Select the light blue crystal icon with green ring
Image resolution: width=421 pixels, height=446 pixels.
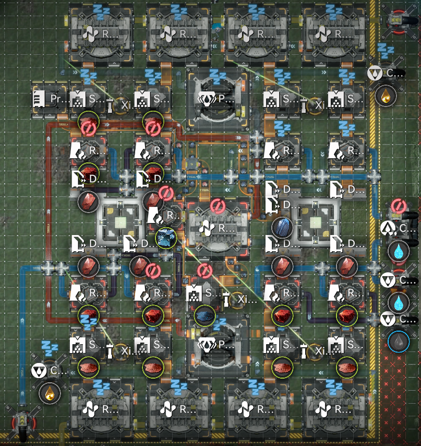pos(166,238)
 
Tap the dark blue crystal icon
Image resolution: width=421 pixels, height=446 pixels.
pos(282,227)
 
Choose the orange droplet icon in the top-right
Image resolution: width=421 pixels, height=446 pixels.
pos(386,96)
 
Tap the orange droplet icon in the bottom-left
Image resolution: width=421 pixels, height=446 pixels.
pos(50,392)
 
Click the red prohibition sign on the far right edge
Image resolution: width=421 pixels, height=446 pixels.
pos(399,206)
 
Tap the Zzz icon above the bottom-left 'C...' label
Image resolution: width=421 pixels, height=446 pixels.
pos(50,347)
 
